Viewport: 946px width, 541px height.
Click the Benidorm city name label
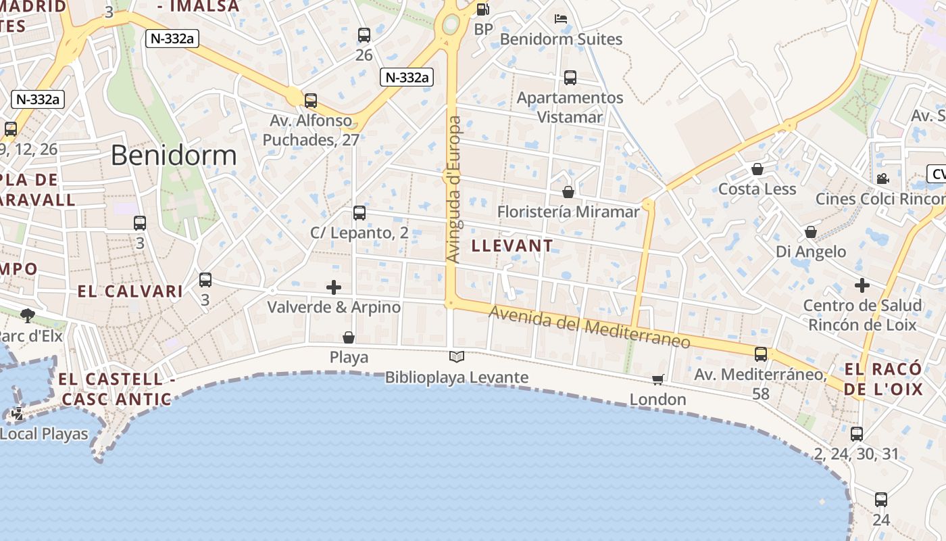pos(174,156)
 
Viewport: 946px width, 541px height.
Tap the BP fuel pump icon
pos(482,9)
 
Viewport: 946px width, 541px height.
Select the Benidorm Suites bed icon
pos(560,18)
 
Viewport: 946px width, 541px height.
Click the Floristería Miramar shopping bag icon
pos(568,192)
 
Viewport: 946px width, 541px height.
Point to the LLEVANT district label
pos(512,245)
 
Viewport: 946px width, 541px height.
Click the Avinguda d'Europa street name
pos(455,189)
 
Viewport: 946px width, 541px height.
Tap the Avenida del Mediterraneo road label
pos(589,327)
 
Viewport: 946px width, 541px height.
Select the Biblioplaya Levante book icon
pos(457,356)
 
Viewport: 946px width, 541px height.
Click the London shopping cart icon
pos(658,380)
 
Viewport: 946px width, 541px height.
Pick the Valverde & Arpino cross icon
pos(334,287)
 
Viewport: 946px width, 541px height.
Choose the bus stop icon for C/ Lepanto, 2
pos(359,213)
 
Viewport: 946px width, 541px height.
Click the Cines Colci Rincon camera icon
pos(882,179)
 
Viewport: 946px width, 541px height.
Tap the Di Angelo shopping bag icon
pos(811,232)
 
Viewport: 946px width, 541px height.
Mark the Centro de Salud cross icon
pos(862,285)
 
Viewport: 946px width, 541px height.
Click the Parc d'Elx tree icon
pos(28,314)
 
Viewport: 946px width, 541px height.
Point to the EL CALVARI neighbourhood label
pos(130,291)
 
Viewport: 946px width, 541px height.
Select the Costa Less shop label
pos(757,189)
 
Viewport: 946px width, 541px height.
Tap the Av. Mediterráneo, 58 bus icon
pos(761,354)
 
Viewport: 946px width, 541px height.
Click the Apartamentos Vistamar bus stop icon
pos(570,78)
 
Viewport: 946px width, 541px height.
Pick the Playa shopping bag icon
pos(349,337)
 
